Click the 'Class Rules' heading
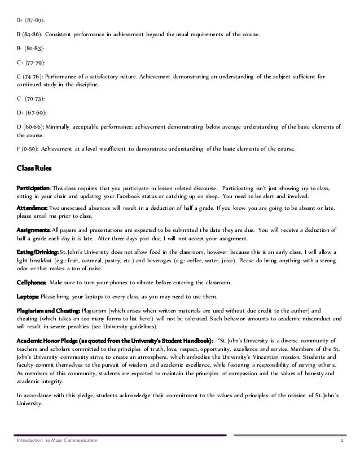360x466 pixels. [x=37, y=168]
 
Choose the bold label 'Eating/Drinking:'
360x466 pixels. [x=39, y=252]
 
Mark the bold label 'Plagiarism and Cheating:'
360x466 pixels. [x=49, y=310]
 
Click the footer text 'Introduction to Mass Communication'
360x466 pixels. [x=58, y=439]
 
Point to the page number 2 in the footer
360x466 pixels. [x=341, y=439]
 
